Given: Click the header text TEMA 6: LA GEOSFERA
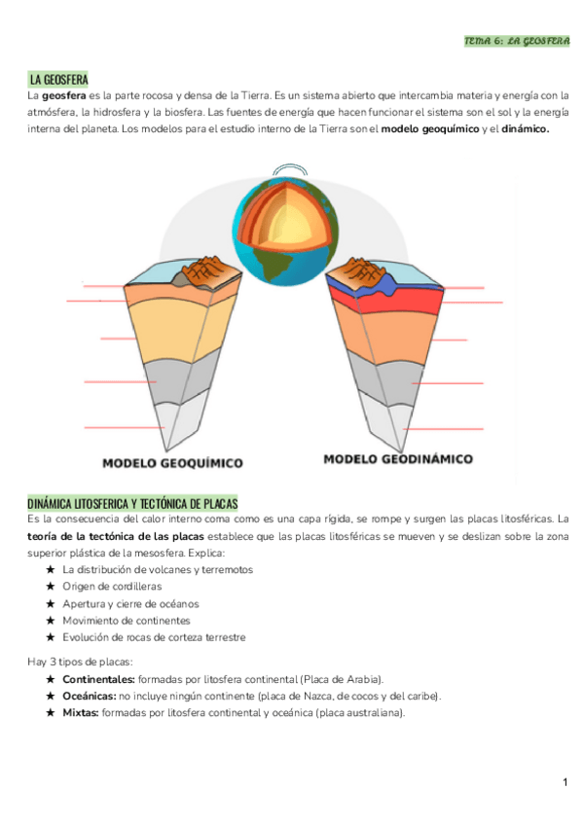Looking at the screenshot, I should click(516, 42).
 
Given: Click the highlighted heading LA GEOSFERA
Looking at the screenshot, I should click(59, 79).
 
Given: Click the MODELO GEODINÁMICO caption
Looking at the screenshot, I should click(398, 458).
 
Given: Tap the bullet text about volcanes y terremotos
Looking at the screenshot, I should click(157, 569).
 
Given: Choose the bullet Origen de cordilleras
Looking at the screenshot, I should click(112, 587).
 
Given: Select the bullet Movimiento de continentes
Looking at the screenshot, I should click(127, 620).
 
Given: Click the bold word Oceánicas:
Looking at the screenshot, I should click(89, 696).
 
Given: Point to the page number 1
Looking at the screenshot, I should click(565, 783).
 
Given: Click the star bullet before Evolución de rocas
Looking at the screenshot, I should click(50, 637).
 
